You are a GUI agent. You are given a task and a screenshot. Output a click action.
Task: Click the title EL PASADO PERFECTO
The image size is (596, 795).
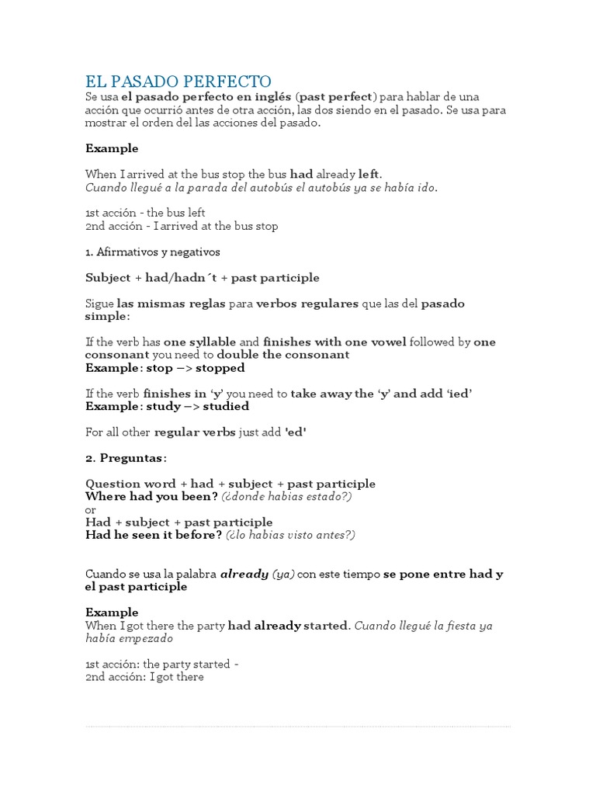point(178,81)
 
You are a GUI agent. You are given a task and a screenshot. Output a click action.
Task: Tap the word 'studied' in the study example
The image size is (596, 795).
point(226,406)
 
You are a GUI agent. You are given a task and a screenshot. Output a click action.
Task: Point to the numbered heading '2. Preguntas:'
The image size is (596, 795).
point(126,458)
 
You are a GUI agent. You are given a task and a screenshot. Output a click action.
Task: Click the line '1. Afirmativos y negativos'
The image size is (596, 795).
point(153,252)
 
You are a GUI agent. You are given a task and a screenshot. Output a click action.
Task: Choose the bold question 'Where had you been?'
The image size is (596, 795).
point(151,496)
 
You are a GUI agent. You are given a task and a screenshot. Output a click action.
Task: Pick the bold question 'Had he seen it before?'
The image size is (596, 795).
point(154,535)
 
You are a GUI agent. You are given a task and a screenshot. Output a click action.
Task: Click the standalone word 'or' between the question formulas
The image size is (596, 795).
point(91,509)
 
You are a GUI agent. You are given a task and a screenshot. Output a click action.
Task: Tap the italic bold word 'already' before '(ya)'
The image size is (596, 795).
point(244,575)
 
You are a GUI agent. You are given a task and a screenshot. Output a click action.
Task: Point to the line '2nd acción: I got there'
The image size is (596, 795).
point(144,677)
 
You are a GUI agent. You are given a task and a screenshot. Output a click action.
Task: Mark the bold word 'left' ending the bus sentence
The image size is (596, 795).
point(369,175)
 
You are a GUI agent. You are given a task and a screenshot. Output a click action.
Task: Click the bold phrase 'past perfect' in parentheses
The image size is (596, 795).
point(335,97)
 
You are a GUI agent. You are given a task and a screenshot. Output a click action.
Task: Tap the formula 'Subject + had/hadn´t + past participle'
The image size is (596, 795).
point(202,278)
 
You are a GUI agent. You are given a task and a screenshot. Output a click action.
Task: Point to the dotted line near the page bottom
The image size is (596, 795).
point(298,727)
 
